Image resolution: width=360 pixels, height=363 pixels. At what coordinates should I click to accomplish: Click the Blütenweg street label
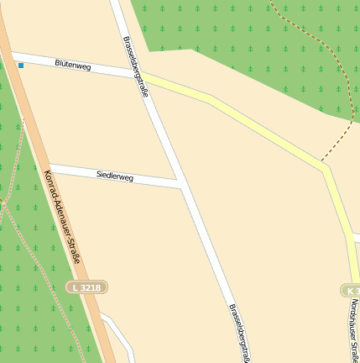click(x=72, y=64)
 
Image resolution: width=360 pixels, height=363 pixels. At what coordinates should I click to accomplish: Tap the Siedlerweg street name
click(x=115, y=176)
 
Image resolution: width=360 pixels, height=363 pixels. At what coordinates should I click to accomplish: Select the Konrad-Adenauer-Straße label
click(x=61, y=216)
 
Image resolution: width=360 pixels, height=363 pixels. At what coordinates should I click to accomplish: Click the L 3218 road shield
click(x=87, y=287)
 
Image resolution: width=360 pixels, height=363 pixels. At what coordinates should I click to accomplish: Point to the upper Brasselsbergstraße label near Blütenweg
click(x=135, y=66)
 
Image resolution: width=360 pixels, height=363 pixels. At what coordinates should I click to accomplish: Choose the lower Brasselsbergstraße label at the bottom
click(x=238, y=331)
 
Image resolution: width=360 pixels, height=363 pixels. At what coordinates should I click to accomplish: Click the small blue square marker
click(x=21, y=65)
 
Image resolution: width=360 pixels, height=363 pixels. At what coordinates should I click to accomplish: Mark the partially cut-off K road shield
click(x=351, y=290)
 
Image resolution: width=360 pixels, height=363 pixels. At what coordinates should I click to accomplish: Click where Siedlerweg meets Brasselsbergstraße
click(x=180, y=183)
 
